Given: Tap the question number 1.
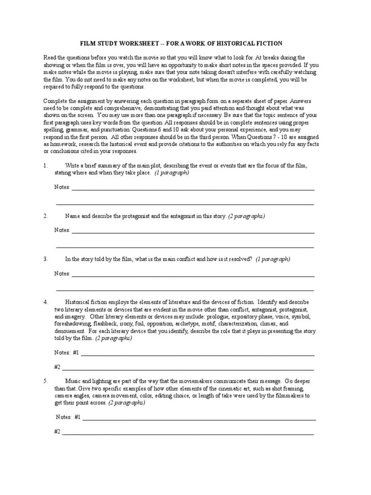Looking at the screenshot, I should coord(45,166).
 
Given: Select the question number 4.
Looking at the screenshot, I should coord(45,302).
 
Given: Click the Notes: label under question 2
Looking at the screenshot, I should coord(62,230).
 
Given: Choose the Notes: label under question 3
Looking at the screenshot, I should coord(62,274).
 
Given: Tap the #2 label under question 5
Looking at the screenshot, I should coord(57,432).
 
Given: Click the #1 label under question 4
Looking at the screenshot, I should coord(76,353).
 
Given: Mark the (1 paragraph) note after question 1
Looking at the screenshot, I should coord(172,173).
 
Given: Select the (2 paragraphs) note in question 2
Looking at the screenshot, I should coord(246,216).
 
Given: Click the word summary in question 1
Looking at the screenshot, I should coord(104,166).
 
